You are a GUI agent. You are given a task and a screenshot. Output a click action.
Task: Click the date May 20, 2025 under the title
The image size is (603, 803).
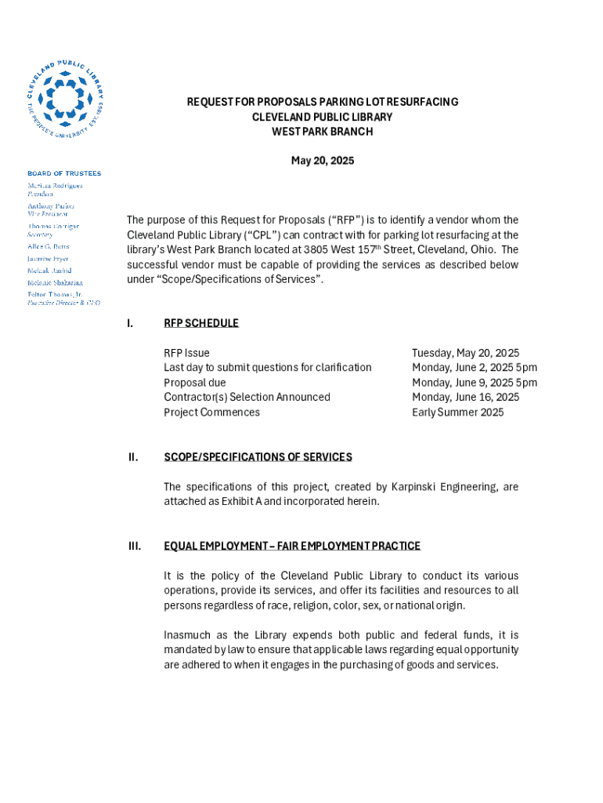[x=322, y=161]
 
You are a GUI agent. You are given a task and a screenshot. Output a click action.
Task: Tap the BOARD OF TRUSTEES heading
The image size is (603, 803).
[x=64, y=173]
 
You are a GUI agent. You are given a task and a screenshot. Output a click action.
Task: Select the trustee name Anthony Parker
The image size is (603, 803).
[x=51, y=206]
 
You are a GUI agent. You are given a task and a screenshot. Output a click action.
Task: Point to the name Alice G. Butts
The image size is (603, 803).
[x=49, y=246]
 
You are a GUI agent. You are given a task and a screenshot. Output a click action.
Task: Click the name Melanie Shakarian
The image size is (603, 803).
[x=55, y=282]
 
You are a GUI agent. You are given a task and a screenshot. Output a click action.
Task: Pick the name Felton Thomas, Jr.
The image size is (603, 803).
[x=54, y=295]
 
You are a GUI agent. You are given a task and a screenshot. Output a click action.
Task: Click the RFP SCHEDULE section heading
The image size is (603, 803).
[x=200, y=323]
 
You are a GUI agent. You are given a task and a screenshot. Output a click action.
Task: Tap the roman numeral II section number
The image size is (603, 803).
[x=133, y=457]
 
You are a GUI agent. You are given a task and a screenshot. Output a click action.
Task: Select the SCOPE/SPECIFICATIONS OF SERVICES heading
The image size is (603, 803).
[x=258, y=457]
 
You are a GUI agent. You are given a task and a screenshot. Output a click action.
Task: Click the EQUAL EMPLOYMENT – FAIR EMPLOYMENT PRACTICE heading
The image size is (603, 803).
[x=291, y=546]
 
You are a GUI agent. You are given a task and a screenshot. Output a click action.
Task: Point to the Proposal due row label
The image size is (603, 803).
[x=194, y=383]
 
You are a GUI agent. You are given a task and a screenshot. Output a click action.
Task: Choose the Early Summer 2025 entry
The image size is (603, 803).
[x=457, y=412]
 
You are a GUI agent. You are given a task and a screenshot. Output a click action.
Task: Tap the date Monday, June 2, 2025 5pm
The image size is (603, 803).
[x=474, y=368]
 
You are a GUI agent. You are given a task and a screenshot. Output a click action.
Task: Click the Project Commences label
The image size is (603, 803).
[x=211, y=412]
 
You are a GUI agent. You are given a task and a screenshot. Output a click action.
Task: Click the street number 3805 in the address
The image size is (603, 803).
[x=316, y=250]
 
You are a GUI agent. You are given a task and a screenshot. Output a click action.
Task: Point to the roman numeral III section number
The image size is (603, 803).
[x=134, y=546]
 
